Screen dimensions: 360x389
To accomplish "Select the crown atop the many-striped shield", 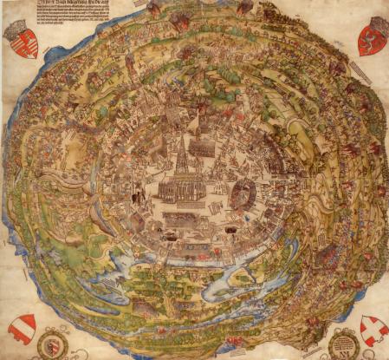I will pos(22,24).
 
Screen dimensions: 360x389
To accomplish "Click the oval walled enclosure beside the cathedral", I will pos(242,193).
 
